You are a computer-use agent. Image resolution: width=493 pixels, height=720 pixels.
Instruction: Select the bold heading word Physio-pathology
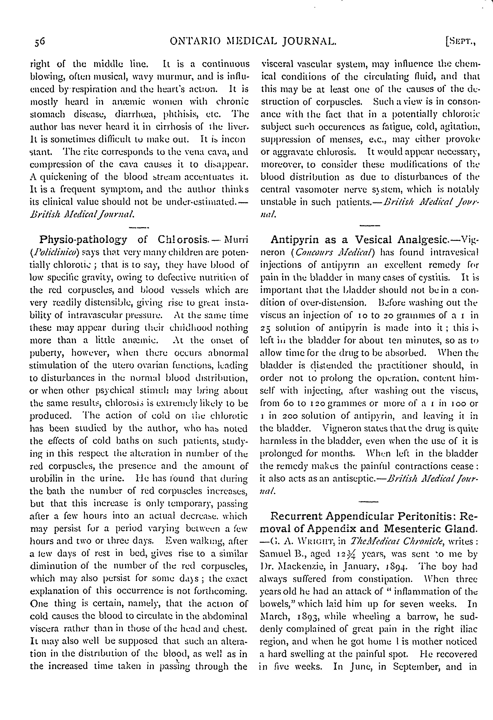83,239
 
